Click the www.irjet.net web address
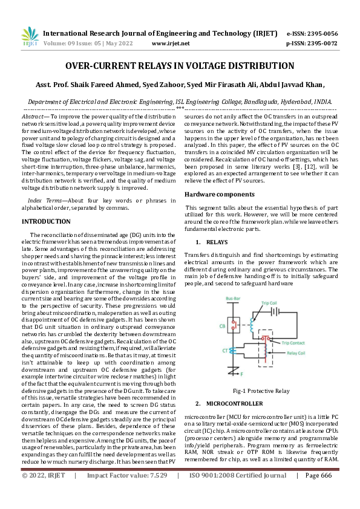[170, 44]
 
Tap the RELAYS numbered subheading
[217, 242]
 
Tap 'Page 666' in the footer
[318, 493]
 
